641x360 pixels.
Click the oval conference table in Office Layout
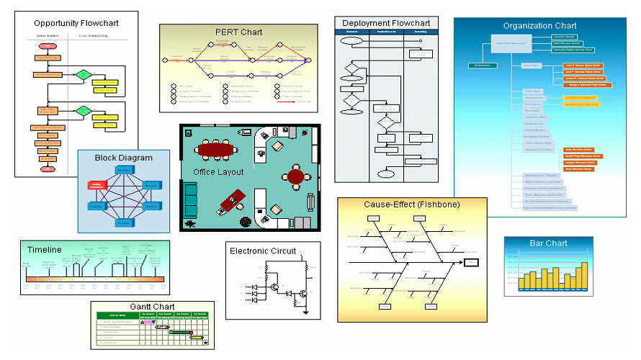[x=215, y=150]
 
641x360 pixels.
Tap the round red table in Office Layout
[x=295, y=175]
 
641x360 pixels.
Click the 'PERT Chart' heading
[x=238, y=32]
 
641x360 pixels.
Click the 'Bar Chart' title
[x=549, y=244]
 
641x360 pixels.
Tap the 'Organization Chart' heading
[x=539, y=26]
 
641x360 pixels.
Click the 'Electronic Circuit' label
[x=263, y=251]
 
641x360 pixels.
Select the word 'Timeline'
[x=45, y=250]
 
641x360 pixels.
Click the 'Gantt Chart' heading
[x=153, y=307]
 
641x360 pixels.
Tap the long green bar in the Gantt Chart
[x=180, y=331]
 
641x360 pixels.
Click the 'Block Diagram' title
[x=123, y=158]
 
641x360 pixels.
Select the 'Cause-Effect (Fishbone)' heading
[x=411, y=204]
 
